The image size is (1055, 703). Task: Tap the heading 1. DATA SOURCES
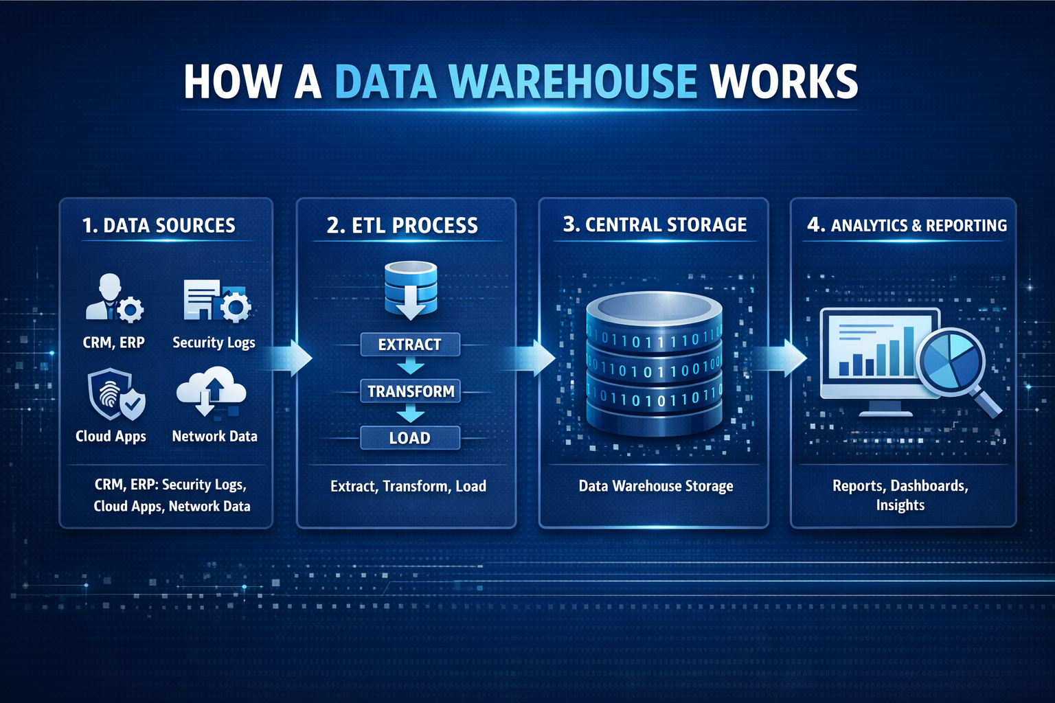159,225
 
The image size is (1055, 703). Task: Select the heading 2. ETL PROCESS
402,225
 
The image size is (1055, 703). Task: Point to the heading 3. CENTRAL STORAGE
655,224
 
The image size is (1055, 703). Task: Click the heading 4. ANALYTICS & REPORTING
907,225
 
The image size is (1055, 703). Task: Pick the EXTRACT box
410,344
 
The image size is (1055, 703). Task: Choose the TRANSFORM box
411,391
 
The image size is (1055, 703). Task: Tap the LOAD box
410,438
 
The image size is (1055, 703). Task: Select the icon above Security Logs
216,300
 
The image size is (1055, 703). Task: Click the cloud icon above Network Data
212,392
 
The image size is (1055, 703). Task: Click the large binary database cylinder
654,364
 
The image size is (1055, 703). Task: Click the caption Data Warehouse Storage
656,486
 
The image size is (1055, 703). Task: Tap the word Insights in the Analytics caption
900,505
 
